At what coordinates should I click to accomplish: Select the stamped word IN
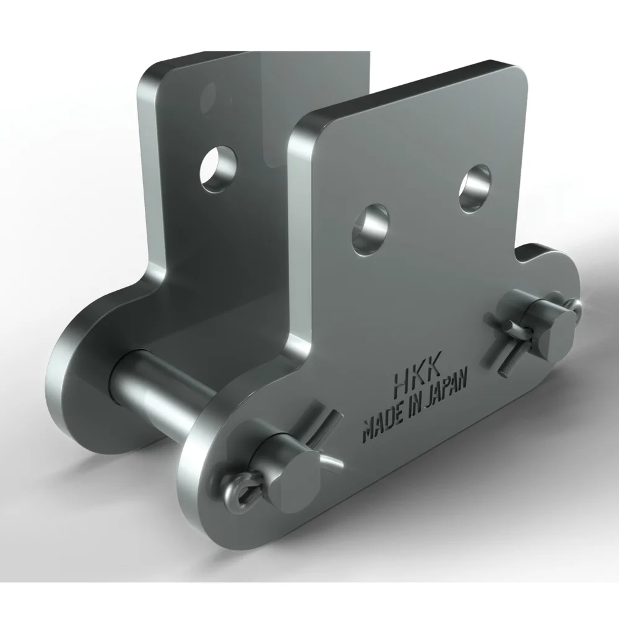click(413, 409)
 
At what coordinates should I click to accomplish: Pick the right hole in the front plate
click(475, 189)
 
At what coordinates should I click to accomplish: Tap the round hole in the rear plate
click(218, 169)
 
